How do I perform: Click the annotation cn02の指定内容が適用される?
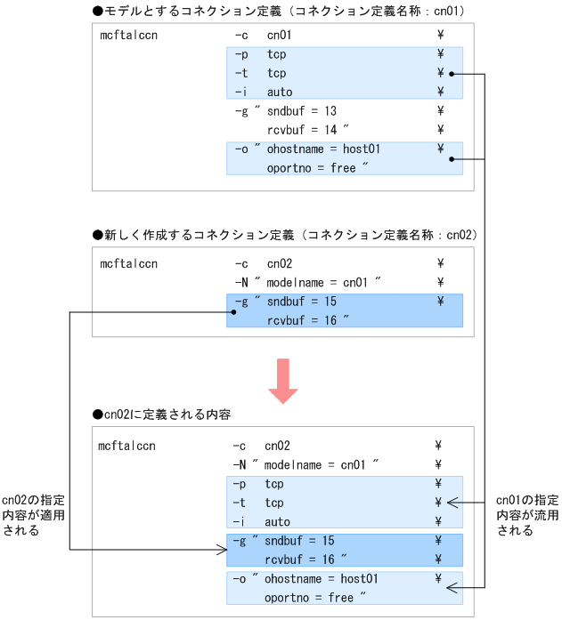[x=33, y=515]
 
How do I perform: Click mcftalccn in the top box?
[x=129, y=36]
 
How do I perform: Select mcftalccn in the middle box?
[x=129, y=264]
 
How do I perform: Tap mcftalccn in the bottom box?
[x=127, y=446]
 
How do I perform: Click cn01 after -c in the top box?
[x=280, y=36]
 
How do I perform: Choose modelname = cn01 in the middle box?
[x=317, y=283]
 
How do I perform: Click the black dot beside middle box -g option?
[x=232, y=311]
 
